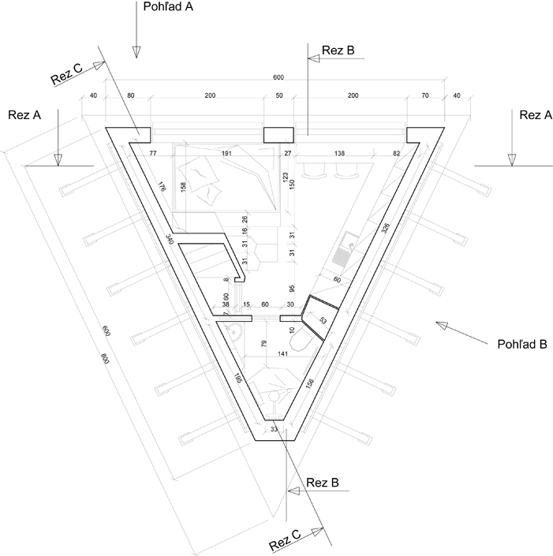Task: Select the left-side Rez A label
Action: [x=24, y=115]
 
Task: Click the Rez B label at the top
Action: [x=338, y=51]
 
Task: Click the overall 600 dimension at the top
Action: [x=278, y=77]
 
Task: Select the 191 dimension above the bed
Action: [x=226, y=152]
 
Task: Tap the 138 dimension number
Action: [x=341, y=152]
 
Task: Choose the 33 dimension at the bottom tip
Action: [x=275, y=429]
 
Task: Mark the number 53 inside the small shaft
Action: [x=323, y=320]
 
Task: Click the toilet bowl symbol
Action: [x=301, y=341]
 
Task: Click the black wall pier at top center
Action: [x=277, y=136]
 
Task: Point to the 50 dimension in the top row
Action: [x=278, y=95]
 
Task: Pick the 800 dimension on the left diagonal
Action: [x=104, y=357]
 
